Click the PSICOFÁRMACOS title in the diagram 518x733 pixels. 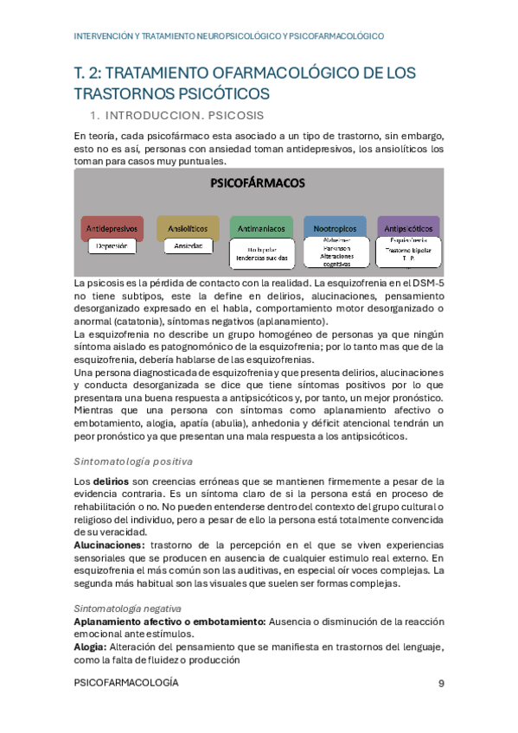coord(259,183)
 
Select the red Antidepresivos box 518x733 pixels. coord(111,228)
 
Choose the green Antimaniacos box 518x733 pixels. coord(261,228)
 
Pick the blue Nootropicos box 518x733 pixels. coord(335,228)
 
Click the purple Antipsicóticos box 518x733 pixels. coord(408,228)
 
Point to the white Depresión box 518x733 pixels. coord(112,246)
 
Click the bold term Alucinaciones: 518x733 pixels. coord(109,545)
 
